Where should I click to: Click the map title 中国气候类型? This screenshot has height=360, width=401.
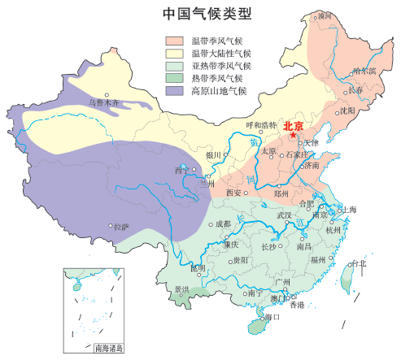(x=206, y=13)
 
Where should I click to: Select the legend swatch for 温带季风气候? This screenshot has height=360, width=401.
(x=175, y=40)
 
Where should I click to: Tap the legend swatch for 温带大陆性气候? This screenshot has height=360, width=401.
(x=175, y=53)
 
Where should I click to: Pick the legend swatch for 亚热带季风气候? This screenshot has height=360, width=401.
(x=175, y=66)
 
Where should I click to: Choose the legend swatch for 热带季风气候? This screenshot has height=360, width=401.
(x=175, y=78)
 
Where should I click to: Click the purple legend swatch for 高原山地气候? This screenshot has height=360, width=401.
(x=175, y=91)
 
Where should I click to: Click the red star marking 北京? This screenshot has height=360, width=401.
(x=293, y=136)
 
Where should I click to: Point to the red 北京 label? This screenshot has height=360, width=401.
(x=293, y=125)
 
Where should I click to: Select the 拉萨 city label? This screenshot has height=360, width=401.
(x=120, y=228)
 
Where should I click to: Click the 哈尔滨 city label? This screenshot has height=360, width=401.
(x=364, y=72)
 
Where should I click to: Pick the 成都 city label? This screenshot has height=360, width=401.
(x=221, y=223)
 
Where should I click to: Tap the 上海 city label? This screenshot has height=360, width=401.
(x=348, y=209)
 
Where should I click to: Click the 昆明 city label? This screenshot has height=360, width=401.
(x=198, y=267)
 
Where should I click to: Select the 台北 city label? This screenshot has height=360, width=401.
(x=358, y=263)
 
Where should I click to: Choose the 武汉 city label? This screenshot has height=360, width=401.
(x=284, y=215)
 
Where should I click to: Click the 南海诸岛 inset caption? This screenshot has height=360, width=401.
(x=108, y=349)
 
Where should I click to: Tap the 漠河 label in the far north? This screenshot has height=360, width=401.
(x=325, y=15)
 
